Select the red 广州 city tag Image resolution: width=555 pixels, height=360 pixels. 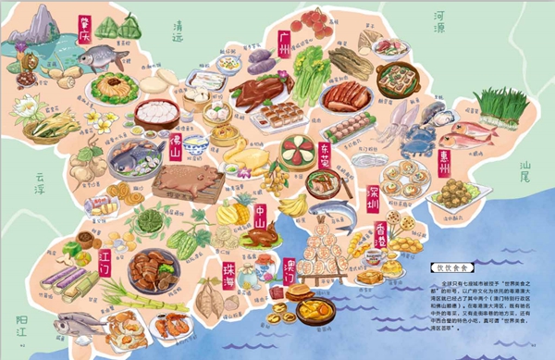pos(285,41)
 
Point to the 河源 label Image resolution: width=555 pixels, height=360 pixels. pos(447,21)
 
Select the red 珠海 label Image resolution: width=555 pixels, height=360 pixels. pos(228,276)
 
